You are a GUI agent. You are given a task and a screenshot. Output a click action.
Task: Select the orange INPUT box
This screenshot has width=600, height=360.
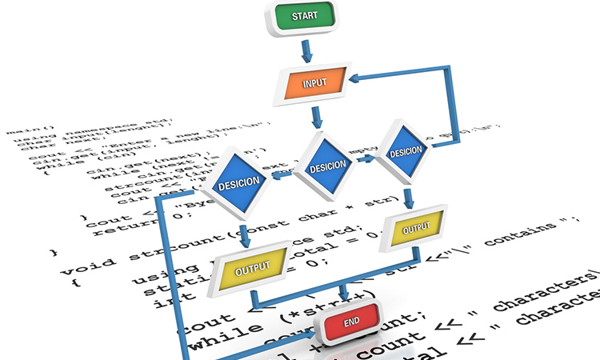(x=312, y=83)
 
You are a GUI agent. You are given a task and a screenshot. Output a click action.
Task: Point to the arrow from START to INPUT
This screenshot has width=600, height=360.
(x=305, y=51)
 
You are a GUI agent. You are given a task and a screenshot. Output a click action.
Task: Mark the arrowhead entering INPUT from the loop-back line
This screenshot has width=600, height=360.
(x=362, y=78)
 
